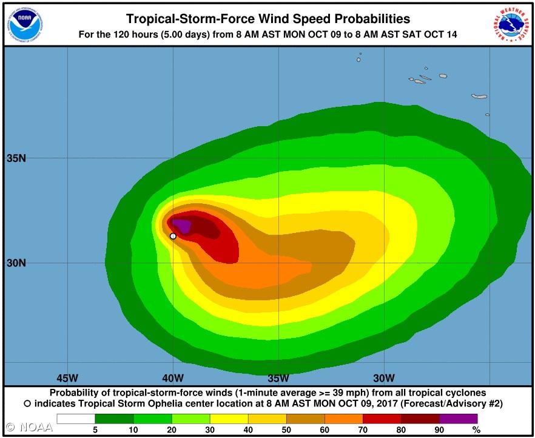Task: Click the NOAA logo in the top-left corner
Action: point(23,23)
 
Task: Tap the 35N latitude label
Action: point(16,159)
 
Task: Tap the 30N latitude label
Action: point(16,263)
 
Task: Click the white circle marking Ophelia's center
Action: point(173,236)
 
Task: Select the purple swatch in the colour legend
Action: point(459,419)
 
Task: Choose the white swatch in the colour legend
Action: point(76,419)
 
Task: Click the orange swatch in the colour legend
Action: point(344,419)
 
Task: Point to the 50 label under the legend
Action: point(286,430)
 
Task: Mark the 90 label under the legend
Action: point(440,430)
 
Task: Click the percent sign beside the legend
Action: point(477,430)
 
